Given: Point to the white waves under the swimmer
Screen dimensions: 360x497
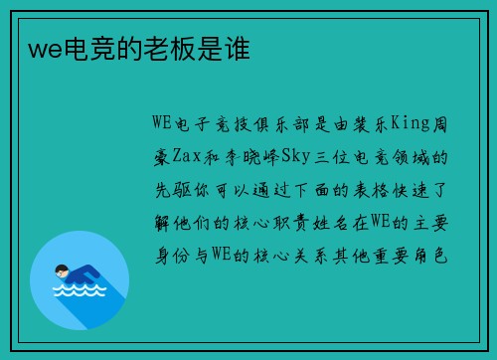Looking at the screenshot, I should coord(79,291).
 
